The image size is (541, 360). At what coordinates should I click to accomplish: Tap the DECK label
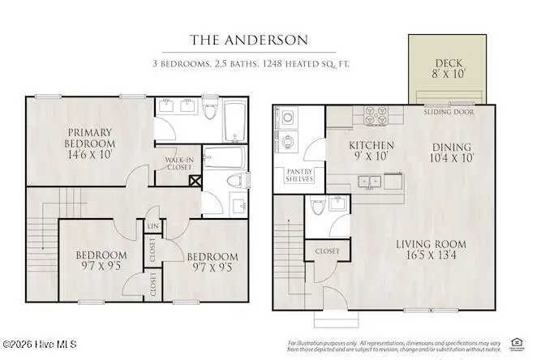pos(449,62)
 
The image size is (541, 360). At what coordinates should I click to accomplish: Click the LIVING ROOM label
pos(431,244)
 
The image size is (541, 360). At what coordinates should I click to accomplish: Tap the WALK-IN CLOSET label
pos(179,165)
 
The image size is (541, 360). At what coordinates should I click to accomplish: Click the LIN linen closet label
pos(152,225)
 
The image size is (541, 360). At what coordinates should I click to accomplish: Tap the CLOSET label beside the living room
pos(327,251)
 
